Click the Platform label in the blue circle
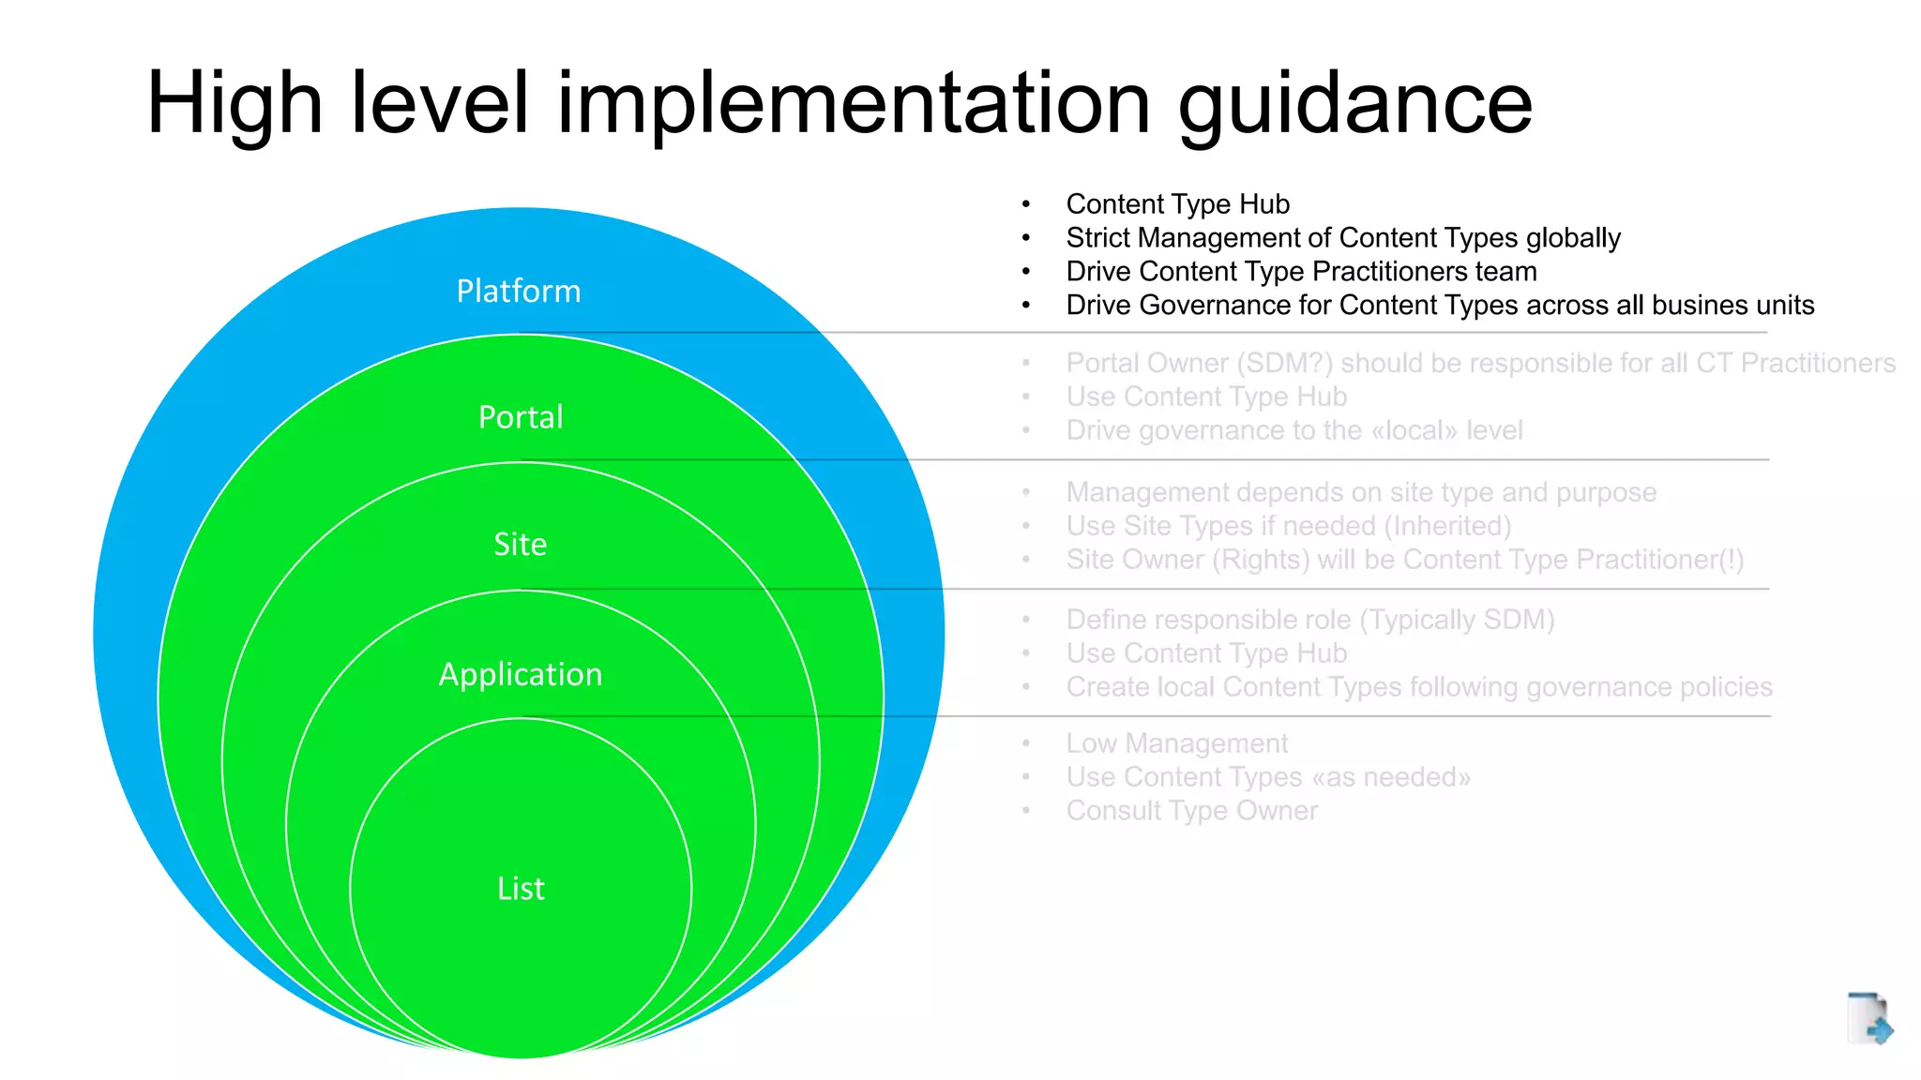pos(518,292)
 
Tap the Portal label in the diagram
pos(521,417)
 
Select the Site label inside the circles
pos(521,545)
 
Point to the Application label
pos(521,675)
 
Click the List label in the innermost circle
pos(521,889)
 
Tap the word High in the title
pos(234,105)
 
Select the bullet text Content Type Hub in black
pos(1177,204)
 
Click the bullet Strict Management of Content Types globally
pos(1342,238)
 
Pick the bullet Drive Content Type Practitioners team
pos(1301,272)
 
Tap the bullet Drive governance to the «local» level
pos(1293,431)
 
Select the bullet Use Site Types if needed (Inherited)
pos(1288,527)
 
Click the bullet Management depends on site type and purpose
pos(1360,493)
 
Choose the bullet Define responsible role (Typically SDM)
pos(1309,621)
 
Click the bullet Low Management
pos(1176,744)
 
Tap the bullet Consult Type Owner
pos(1191,812)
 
